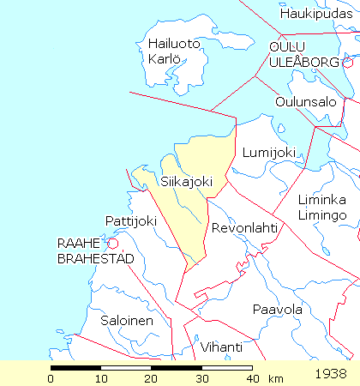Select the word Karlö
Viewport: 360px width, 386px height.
[164, 59]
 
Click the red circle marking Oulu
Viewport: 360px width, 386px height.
[347, 63]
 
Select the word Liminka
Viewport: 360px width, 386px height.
[322, 199]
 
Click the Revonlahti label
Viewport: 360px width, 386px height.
[244, 228]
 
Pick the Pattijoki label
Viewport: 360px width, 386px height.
[130, 220]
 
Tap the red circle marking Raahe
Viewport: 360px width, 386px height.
[111, 243]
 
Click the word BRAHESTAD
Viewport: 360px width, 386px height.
[90, 258]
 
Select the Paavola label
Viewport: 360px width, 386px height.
[277, 309]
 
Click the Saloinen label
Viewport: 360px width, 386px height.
[127, 321]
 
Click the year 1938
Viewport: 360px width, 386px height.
[330, 374]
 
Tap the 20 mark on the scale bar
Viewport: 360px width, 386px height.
[152, 377]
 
